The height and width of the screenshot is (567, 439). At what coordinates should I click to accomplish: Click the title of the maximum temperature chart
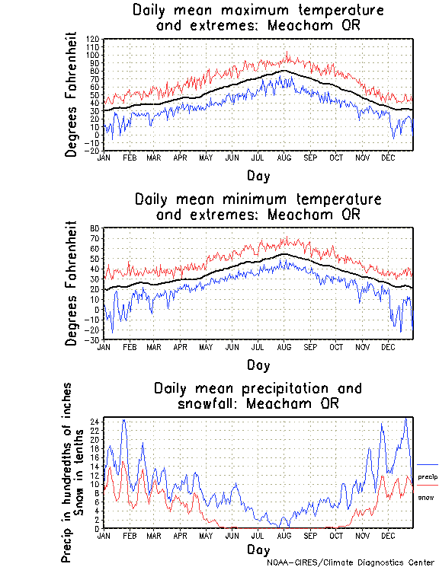coord(258,18)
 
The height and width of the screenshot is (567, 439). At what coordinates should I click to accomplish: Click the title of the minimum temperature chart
coord(258,207)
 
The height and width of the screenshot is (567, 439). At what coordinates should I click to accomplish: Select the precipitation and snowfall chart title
coord(258,395)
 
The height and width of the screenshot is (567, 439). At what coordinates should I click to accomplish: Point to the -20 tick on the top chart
coord(92,151)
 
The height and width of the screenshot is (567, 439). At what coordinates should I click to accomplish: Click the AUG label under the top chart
coord(284,158)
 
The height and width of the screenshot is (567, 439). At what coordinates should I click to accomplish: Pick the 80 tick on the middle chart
coord(96,228)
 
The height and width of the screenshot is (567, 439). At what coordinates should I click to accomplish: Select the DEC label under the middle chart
coord(388,347)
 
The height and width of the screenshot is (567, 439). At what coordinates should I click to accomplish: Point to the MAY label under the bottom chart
coord(206,536)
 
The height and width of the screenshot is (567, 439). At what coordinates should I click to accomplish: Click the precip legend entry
coord(427,476)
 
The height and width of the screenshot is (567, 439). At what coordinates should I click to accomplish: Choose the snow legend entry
coord(427,497)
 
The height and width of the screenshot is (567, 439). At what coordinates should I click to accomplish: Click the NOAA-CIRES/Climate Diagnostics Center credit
coord(352,562)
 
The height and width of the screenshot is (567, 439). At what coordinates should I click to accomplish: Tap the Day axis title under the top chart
coord(258,176)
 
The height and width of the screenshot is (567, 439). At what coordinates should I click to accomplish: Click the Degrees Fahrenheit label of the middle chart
coord(72,283)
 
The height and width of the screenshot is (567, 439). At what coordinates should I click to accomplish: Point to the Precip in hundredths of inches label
coord(67,472)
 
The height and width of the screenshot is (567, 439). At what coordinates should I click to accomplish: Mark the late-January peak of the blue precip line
coord(123,420)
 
